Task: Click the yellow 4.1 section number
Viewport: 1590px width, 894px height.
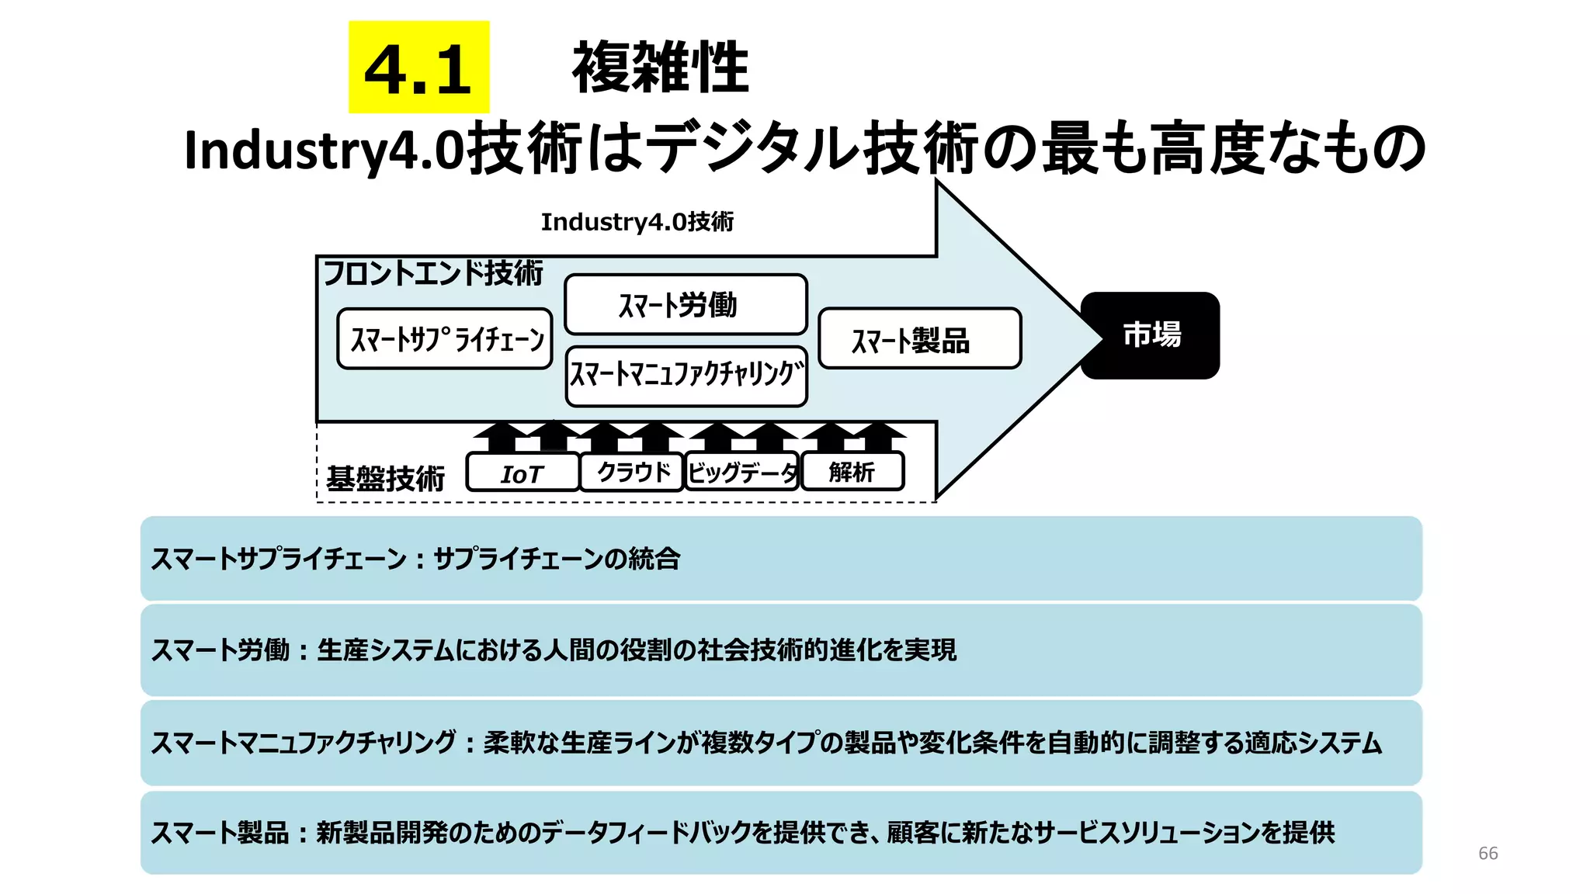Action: click(418, 68)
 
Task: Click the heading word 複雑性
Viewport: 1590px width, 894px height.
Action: click(660, 68)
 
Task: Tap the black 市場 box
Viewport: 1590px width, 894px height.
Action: click(1151, 335)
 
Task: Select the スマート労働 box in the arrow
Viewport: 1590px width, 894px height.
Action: click(686, 304)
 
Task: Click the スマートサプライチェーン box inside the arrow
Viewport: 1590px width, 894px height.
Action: click(445, 339)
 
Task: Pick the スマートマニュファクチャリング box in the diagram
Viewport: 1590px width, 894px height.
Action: click(686, 376)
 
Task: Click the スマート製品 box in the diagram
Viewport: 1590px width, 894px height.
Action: click(919, 339)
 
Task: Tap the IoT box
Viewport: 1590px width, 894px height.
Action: click(522, 473)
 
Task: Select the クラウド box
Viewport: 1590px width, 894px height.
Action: click(632, 472)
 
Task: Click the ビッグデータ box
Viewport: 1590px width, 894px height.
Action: click(741, 472)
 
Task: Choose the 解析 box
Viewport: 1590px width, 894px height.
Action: click(852, 472)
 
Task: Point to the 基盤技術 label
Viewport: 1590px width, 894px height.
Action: click(385, 478)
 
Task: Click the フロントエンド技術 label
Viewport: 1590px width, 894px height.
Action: click(432, 273)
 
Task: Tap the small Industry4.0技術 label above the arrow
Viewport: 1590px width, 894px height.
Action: click(637, 222)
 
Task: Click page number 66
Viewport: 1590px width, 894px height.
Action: click(1488, 853)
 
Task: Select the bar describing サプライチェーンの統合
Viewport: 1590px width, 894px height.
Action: click(780, 559)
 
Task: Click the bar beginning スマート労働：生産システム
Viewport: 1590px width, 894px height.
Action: click(780, 650)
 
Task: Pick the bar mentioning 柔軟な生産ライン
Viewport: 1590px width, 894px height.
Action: click(780, 743)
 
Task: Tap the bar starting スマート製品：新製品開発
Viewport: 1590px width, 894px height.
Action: click(780, 833)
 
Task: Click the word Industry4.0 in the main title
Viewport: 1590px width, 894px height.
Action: click(324, 150)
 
